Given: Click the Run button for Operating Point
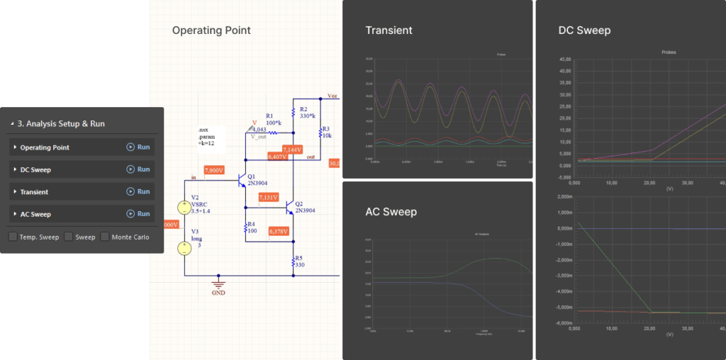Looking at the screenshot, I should (x=138, y=147).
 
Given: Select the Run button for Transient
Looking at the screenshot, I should (x=138, y=191).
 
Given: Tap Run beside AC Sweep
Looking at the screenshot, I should (x=138, y=213).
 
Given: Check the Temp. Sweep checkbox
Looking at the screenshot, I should (x=13, y=237).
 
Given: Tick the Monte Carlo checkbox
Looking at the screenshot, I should (x=105, y=237).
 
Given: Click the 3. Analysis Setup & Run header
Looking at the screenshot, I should (x=61, y=123).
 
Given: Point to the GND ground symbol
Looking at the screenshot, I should (x=219, y=282).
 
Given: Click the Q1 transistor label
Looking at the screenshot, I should (x=252, y=176).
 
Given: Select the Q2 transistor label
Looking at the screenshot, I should (x=299, y=203).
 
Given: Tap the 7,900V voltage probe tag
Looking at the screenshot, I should (x=213, y=170).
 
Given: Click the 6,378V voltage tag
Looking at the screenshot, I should (x=279, y=231).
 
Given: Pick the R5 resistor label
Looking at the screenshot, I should (x=298, y=258).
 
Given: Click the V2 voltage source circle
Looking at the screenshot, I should (x=184, y=208).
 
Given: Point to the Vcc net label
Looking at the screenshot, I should (x=333, y=95).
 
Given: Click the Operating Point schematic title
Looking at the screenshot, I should (x=211, y=30).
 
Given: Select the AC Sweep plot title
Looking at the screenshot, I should (x=391, y=212).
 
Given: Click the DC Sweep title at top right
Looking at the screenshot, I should (x=584, y=30).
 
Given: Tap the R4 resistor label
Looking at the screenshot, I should (x=251, y=223).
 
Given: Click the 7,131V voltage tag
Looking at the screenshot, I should (x=269, y=197).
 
